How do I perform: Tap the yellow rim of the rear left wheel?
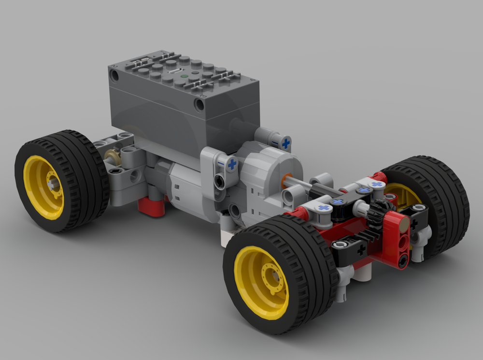[x=43, y=186]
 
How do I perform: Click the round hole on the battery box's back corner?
[x=114, y=75]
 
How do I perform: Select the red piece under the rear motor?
[x=151, y=205]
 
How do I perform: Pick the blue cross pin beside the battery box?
[x=286, y=143]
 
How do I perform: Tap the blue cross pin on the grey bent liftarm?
[x=232, y=164]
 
